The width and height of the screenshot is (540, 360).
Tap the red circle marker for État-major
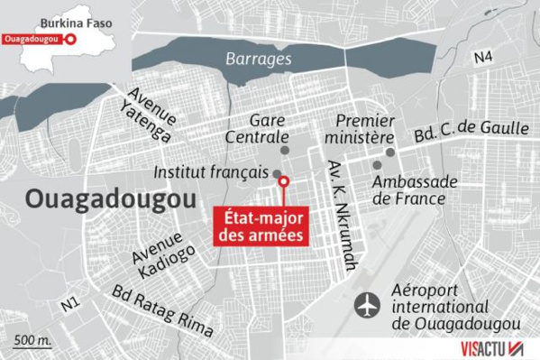coord(283,183)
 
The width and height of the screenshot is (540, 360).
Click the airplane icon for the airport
coord(368,305)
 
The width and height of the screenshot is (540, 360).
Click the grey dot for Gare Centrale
coord(285,150)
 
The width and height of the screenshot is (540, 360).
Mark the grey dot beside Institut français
coord(277,173)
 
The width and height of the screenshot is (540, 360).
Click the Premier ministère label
coord(366,129)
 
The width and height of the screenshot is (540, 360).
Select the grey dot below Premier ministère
coord(390,152)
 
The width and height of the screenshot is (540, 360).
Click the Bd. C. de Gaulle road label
coord(471,125)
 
